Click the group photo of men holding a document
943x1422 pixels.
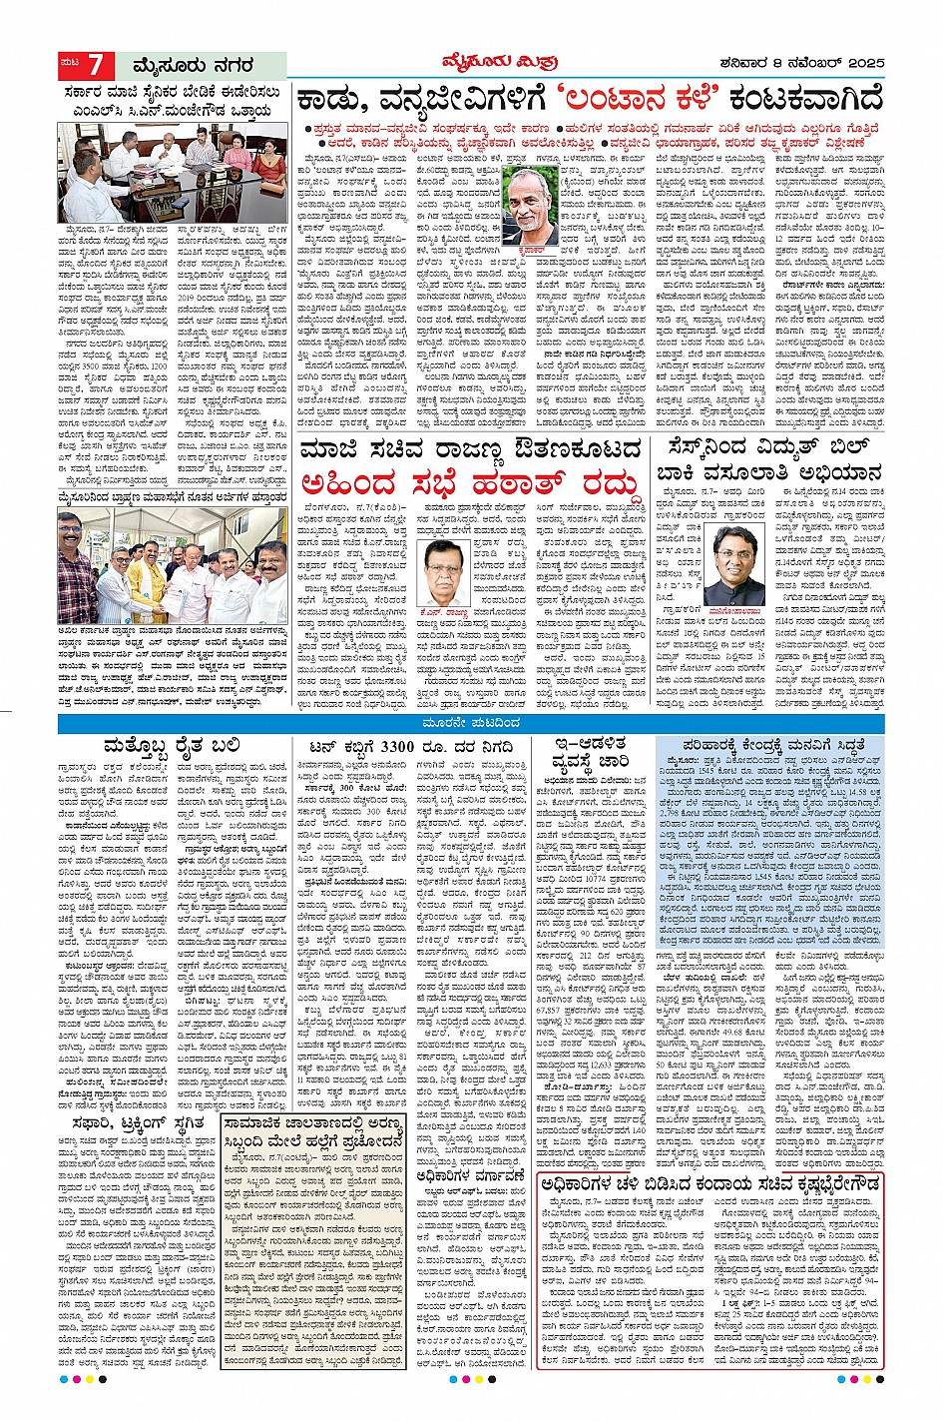coord(172,571)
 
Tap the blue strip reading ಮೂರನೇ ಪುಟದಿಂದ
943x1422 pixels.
coord(471,722)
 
